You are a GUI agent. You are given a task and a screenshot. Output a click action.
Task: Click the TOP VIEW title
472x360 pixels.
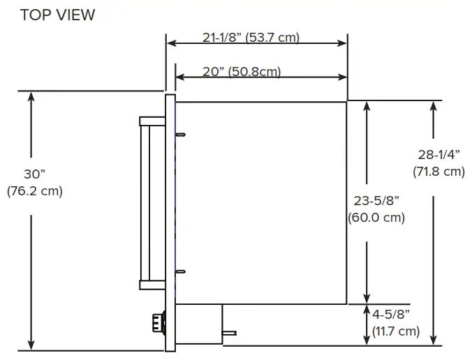pos(57,15)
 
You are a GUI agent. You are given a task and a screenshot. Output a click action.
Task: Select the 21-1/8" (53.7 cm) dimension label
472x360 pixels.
pos(251,38)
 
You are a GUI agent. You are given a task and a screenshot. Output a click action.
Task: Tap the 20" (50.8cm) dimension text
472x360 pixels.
pos(242,72)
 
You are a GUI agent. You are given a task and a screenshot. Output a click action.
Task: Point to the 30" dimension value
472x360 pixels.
pos(34,174)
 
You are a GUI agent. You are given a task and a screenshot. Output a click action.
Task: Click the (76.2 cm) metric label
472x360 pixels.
pos(35,191)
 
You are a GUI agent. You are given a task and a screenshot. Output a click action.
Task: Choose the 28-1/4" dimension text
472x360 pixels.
pos(439,155)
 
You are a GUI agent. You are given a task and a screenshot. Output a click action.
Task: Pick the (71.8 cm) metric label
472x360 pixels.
pos(438,172)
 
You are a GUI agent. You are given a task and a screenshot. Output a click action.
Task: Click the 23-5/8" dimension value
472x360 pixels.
pos(376,201)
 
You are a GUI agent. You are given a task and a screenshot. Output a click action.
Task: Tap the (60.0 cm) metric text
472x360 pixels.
pos(376,218)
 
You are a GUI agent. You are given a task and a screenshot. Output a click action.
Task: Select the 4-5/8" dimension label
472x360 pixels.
pos(391,314)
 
